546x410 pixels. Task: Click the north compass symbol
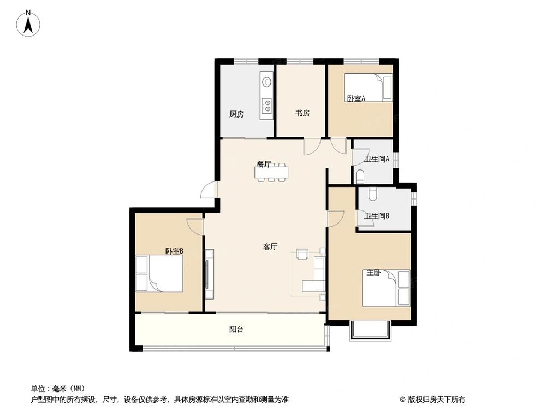tap(28, 24)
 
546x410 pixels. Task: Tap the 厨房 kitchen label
tap(236, 114)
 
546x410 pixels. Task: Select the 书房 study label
tap(302, 114)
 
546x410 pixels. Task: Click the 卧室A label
tap(355, 98)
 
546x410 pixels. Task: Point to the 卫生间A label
tap(377, 160)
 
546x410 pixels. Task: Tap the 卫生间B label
tap(377, 216)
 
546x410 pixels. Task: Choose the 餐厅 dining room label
tap(264, 163)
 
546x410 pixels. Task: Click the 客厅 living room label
tap(270, 247)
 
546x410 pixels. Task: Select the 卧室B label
tap(174, 251)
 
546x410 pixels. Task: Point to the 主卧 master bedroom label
tap(373, 273)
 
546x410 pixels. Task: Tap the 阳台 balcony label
tap(236, 330)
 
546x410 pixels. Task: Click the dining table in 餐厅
tap(271, 173)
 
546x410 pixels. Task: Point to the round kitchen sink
tap(267, 83)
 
